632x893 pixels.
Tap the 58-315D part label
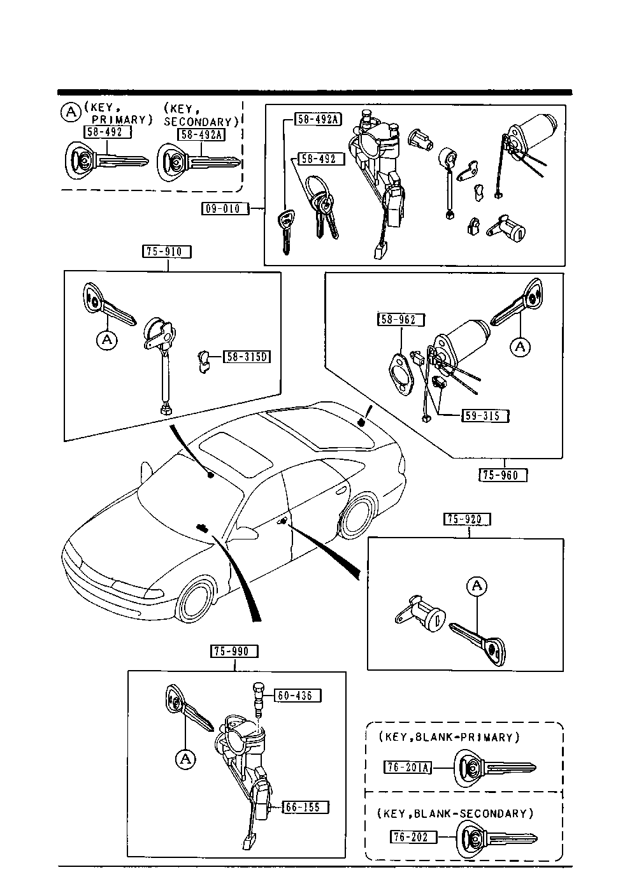(247, 357)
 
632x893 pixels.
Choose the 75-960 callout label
(503, 475)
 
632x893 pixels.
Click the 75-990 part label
(235, 651)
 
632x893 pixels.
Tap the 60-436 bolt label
(298, 696)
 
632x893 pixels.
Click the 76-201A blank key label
(408, 768)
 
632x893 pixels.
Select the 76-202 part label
(413, 836)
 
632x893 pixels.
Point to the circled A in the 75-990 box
(185, 759)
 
